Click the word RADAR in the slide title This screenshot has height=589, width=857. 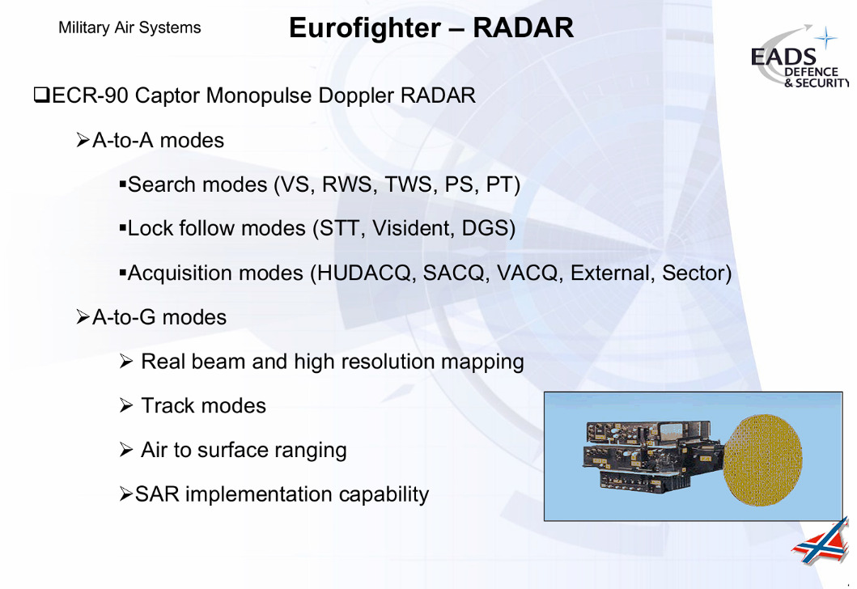coord(523,28)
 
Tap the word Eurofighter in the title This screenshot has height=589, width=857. coord(365,28)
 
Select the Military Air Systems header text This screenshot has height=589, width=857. coord(129,28)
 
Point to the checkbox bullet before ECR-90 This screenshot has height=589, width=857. coord(41,95)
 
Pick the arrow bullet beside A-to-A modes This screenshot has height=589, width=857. coord(83,141)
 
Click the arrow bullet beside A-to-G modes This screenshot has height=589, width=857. coord(83,317)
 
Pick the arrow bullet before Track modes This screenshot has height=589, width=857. coord(126,405)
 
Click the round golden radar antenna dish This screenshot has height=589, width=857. coord(763,460)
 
